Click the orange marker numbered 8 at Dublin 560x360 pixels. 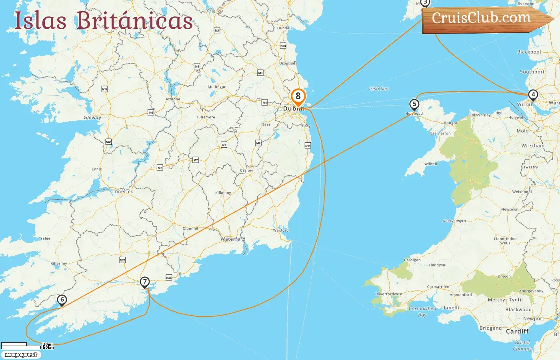tap(298, 96)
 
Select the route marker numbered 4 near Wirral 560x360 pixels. tap(533, 95)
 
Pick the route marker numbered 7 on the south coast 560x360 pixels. tap(145, 282)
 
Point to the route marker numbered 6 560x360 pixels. tap(62, 300)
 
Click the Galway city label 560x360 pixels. tap(92, 118)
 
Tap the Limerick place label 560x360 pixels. tap(123, 192)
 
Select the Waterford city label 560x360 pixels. tap(233, 239)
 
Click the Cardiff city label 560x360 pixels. tap(517, 331)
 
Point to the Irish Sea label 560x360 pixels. tap(379, 89)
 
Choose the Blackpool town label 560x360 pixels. tap(529, 52)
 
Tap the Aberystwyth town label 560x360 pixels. tap(454, 221)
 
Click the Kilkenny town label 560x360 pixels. tap(223, 193)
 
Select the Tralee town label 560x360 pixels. tap(45, 238)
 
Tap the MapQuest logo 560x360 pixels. tap(21, 355)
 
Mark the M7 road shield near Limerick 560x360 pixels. tap(160, 168)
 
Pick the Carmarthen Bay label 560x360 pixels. tap(422, 312)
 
